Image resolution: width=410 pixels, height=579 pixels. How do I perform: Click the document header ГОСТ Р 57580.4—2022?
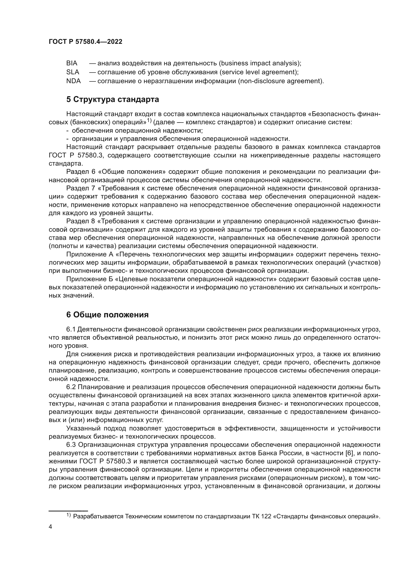(x=85, y=42)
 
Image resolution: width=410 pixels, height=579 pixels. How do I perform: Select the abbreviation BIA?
(x=72, y=63)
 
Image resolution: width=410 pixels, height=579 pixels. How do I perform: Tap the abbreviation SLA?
(x=73, y=72)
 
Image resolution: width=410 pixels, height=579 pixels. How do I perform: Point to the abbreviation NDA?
(x=73, y=81)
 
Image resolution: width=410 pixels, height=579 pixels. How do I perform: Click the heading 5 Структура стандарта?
(x=113, y=100)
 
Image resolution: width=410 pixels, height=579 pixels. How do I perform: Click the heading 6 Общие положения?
(x=107, y=315)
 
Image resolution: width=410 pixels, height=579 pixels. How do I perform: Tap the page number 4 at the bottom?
(x=50, y=527)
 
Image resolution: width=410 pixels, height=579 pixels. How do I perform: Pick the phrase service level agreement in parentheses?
(x=257, y=72)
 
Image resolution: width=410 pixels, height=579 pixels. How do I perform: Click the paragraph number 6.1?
(x=71, y=329)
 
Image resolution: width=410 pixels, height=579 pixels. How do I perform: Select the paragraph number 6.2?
(x=71, y=387)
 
